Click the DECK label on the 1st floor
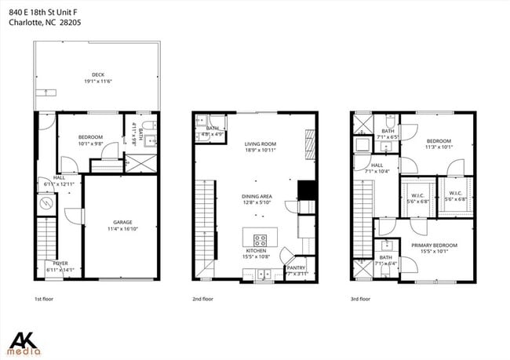coord(97,75)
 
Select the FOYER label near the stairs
coord(60,264)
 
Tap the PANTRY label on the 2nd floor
coord(296,267)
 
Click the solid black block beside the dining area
coord(305,191)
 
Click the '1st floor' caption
coord(44,299)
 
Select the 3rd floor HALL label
coord(377,165)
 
